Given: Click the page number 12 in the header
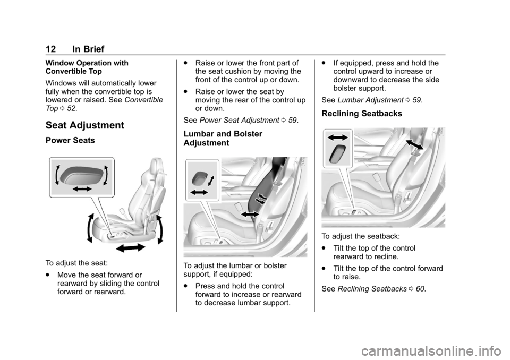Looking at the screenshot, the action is [x=51, y=49].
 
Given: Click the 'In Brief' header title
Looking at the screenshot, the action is [x=88, y=49].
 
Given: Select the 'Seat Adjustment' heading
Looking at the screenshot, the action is [x=85, y=125].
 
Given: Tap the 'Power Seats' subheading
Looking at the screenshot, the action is [x=70, y=140].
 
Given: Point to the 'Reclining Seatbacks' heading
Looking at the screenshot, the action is [x=362, y=114].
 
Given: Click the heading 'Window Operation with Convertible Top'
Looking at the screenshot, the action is [x=87, y=67].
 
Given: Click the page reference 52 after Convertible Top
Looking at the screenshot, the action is [x=71, y=109].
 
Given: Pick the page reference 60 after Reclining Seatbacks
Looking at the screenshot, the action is [x=420, y=289].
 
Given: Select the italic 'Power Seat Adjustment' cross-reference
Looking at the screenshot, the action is [x=239, y=121].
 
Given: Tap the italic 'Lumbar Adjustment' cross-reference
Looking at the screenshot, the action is [x=370, y=100].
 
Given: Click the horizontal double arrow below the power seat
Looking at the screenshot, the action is [x=131, y=248].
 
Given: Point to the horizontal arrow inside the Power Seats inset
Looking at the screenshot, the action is [x=82, y=188].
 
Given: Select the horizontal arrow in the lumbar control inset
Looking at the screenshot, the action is [x=199, y=193].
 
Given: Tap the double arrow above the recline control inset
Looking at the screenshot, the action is [x=338, y=138].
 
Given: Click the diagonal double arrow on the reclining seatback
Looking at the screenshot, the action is [x=415, y=144].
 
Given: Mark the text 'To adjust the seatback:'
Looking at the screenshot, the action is [x=361, y=236].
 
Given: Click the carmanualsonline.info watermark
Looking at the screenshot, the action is [x=435, y=350].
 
